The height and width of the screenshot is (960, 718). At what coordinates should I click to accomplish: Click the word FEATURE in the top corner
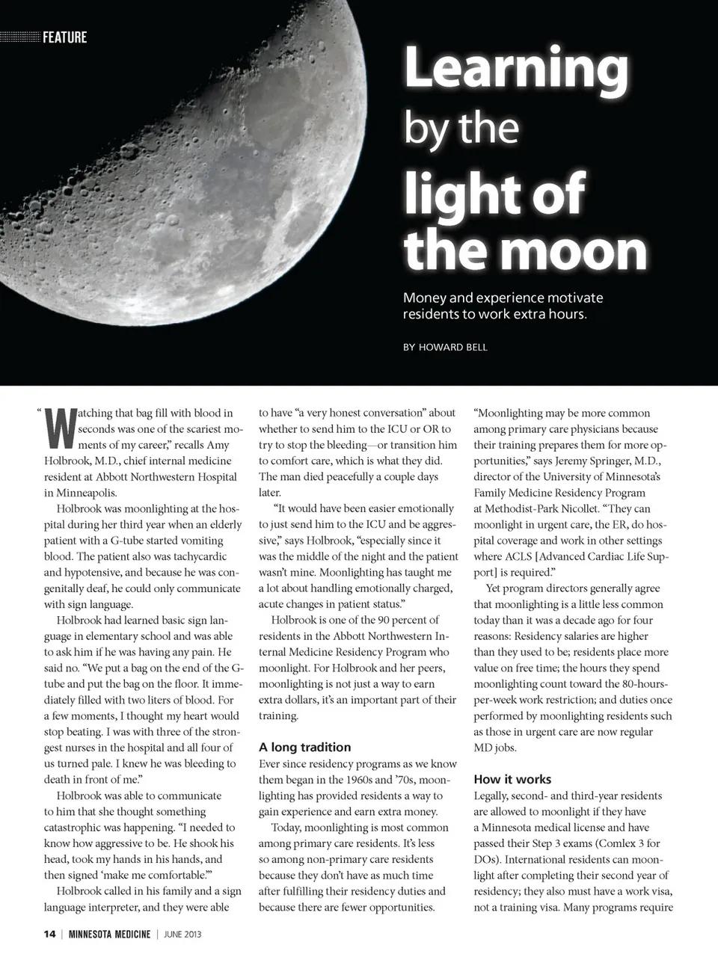pyautogui.click(x=64, y=37)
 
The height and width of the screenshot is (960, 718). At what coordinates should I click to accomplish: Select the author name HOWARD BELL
pyautogui.click(x=452, y=347)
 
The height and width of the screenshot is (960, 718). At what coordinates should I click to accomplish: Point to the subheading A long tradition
pyautogui.click(x=304, y=747)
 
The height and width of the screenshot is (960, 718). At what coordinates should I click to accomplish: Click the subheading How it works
pyautogui.click(x=512, y=779)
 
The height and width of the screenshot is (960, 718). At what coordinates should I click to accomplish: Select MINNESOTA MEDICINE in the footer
pyautogui.click(x=109, y=934)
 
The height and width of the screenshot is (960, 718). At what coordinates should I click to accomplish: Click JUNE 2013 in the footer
pyautogui.click(x=182, y=934)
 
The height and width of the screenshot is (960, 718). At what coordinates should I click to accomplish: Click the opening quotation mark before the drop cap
pyautogui.click(x=38, y=410)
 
